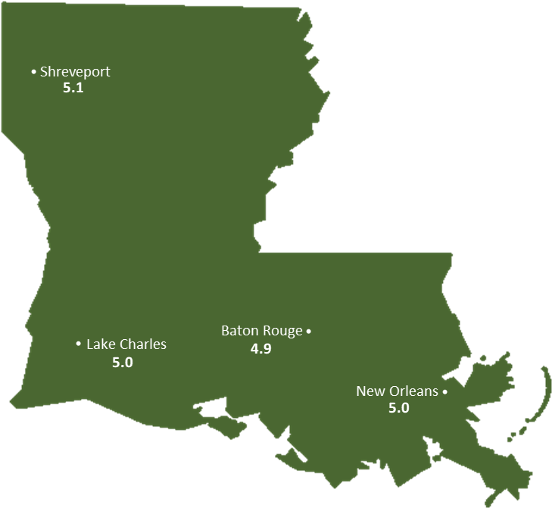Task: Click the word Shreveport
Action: [75, 72]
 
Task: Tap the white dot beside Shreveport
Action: [33, 72]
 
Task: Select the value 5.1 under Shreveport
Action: [73, 88]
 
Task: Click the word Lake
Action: [100, 344]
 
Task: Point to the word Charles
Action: [142, 344]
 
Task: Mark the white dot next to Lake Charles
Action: [79, 344]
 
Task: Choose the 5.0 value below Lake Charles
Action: [122, 362]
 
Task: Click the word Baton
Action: [239, 331]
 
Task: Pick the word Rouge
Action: [282, 332]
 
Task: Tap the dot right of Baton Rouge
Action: [309, 332]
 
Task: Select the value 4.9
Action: [260, 349]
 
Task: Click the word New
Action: [370, 391]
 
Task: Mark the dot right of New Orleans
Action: [444, 392]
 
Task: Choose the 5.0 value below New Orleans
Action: [398, 408]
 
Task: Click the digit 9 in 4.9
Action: [267, 349]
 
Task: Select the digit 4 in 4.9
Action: [254, 349]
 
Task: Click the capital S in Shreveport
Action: [44, 72]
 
